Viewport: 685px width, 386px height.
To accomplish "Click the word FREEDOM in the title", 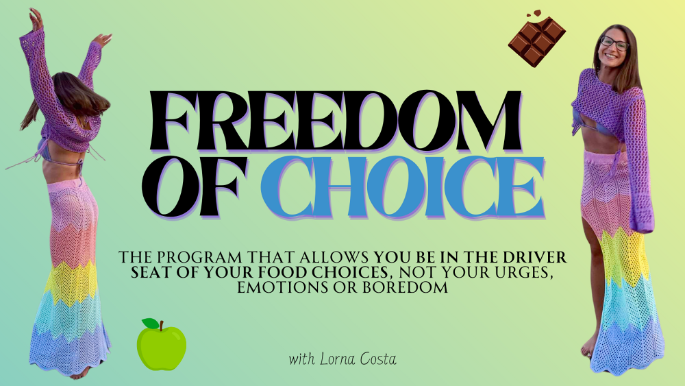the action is [336, 121].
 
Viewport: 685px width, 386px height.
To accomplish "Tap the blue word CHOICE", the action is [403, 187].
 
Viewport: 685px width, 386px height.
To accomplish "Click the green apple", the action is [162, 345].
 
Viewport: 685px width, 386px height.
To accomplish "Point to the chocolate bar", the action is [537, 41].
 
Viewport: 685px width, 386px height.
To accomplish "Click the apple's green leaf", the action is [150, 323].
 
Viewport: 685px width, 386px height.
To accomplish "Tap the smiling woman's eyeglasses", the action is [614, 43].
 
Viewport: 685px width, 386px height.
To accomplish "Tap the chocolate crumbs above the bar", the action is [534, 14].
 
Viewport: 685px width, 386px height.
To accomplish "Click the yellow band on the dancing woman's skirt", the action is [71, 282].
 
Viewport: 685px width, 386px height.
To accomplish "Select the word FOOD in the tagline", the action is [284, 273].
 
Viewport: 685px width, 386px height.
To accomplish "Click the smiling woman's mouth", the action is [610, 56].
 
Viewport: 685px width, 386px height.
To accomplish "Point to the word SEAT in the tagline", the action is [151, 273].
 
